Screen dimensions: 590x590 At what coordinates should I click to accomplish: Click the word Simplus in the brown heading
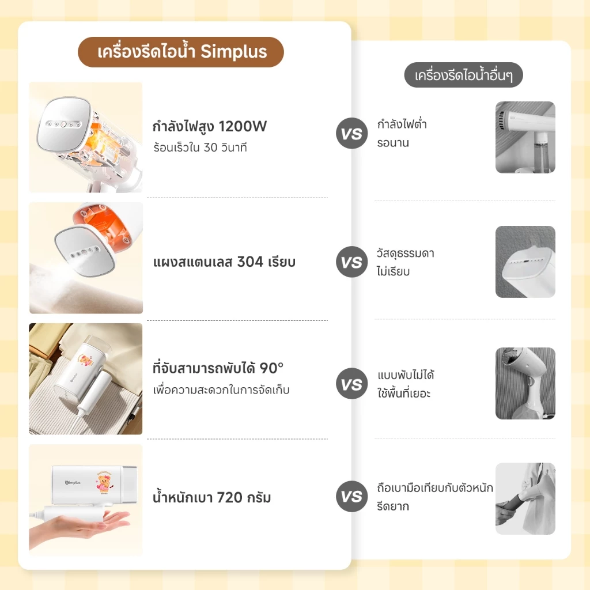[x=233, y=52]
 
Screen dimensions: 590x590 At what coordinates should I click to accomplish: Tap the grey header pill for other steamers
[x=463, y=75]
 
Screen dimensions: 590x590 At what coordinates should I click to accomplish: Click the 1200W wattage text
[x=243, y=126]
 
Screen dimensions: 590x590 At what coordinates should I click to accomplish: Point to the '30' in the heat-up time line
[x=210, y=147]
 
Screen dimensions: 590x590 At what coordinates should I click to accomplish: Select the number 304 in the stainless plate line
[x=250, y=262]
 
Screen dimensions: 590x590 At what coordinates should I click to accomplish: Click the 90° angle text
[x=271, y=368]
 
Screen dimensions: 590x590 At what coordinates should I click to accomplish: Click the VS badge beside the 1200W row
[x=351, y=133]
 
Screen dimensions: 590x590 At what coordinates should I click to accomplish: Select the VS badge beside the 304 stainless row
[x=351, y=262]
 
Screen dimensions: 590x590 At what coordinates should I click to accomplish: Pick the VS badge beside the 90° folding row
[x=351, y=383]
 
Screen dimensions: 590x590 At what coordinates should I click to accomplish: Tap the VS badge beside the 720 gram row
[x=351, y=496]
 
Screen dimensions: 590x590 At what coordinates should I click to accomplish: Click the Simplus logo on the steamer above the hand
[x=73, y=482]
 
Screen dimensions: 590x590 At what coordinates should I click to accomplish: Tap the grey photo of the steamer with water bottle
[x=525, y=137]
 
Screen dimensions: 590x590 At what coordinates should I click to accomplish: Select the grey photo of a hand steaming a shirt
[x=525, y=498]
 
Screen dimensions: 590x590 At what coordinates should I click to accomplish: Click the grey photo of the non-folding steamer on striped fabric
[x=525, y=383]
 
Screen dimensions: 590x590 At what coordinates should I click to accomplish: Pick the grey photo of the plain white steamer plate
[x=525, y=262]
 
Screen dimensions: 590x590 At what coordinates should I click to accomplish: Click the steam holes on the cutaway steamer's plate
[x=63, y=124]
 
